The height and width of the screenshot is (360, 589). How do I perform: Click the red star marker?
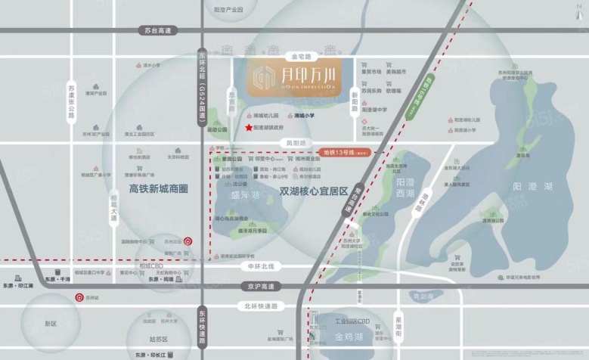point(250,129)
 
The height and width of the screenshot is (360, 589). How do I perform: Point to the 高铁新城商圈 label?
point(159,188)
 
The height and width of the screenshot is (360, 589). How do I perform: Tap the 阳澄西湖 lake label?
point(405,188)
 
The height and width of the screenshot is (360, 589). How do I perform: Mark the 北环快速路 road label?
point(262,306)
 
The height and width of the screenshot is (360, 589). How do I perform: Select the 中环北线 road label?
point(264,266)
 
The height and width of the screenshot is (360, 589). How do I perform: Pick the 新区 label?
point(51,324)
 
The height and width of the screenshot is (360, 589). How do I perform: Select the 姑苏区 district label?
point(158,340)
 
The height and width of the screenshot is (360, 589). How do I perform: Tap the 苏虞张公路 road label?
point(71,102)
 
